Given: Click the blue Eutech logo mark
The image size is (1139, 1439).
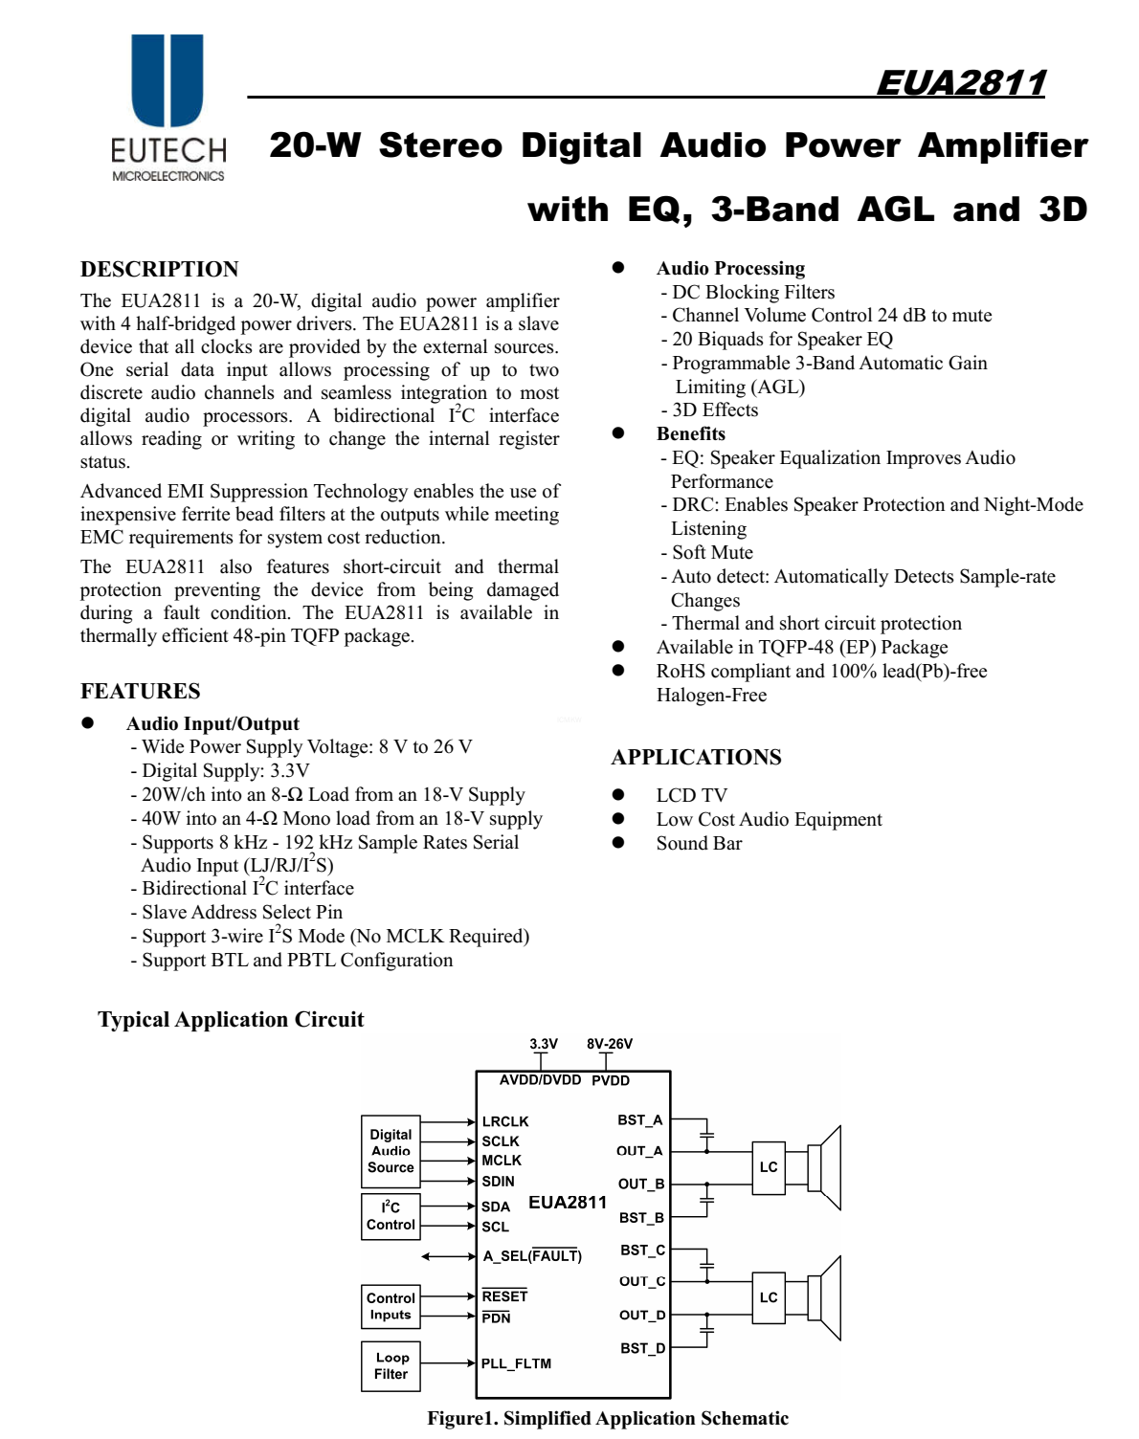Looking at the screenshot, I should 167,80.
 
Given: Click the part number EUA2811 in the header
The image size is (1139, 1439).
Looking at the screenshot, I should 961,83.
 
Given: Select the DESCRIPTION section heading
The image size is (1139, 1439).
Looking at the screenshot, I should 160,270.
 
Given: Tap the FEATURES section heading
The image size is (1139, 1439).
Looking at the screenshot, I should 141,692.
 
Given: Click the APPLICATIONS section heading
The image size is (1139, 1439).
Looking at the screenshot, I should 696,758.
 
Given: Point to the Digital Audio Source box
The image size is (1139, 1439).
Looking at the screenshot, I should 391,1151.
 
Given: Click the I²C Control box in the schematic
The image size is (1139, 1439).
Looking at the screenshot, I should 391,1216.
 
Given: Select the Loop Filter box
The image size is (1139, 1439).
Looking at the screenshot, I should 391,1365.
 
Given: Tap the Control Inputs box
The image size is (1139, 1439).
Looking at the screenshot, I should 391,1306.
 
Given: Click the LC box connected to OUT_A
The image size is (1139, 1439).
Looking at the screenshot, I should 769,1167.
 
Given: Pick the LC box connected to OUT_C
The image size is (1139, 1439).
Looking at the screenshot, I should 769,1297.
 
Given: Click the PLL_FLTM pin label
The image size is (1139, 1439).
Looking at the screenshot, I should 516,1363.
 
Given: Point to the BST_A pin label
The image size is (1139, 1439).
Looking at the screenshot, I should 639,1120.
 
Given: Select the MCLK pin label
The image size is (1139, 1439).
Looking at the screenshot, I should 502,1161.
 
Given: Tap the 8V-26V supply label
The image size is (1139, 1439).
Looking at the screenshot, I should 610,1044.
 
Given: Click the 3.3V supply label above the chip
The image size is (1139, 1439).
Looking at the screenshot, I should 544,1044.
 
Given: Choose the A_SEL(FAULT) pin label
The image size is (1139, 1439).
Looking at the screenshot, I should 532,1256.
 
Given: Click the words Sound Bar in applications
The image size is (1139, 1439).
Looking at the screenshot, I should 699,844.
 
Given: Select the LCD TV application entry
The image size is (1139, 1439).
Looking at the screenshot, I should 691,796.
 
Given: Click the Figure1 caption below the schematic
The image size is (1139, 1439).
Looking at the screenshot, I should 608,1419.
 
